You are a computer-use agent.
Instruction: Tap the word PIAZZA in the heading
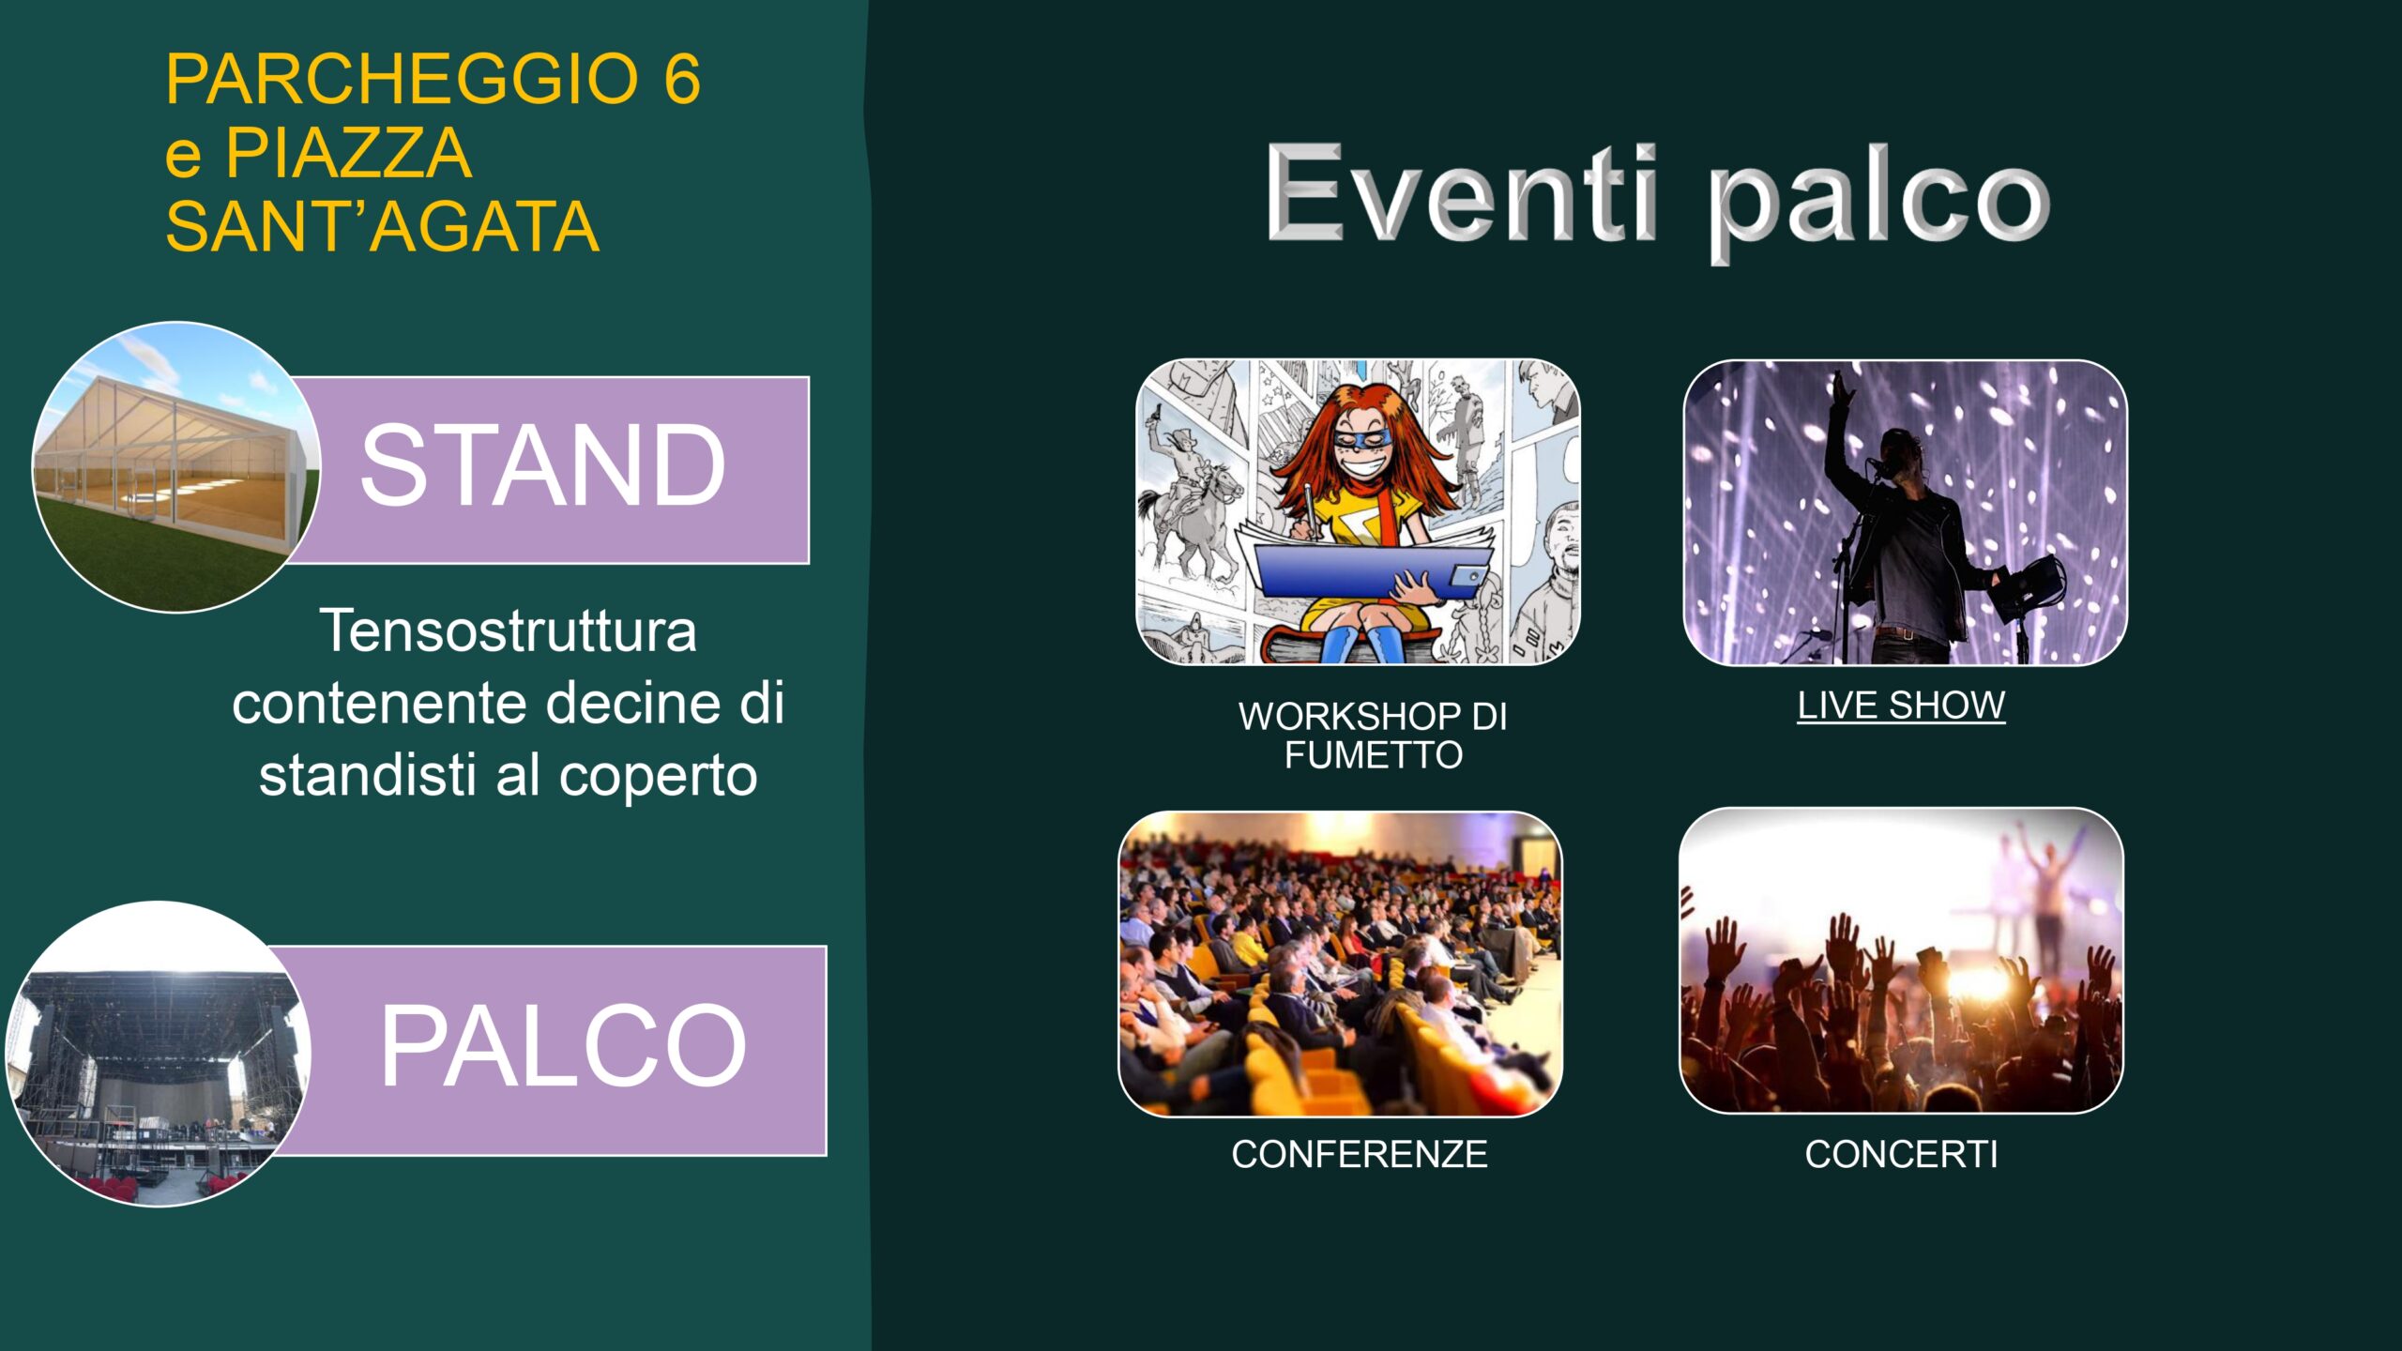pos(348,153)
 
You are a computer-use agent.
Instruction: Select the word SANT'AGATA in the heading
pos(382,227)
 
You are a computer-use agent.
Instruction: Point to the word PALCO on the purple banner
pos(563,1045)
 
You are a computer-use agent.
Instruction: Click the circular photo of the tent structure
pos(176,467)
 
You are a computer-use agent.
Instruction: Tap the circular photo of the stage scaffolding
pos(158,1054)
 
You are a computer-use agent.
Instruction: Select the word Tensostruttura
pos(508,630)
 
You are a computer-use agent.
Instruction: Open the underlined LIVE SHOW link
pos(1901,705)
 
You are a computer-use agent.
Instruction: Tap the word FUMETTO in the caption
pos(1374,755)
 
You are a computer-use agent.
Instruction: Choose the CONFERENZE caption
pos(1360,1155)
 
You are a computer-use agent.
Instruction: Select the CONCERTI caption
pos(1901,1155)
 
